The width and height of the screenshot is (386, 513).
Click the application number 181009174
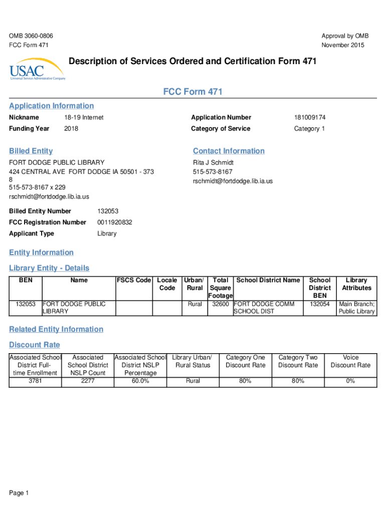point(310,117)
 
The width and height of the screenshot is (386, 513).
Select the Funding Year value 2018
point(71,129)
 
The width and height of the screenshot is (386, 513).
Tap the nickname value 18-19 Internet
point(84,117)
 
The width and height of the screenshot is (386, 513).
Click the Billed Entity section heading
point(31,151)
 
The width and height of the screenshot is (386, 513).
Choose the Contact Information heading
point(229,151)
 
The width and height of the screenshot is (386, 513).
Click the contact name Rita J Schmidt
point(213,163)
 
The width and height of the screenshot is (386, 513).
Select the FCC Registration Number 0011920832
point(115,222)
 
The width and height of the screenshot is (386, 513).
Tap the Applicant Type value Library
point(107,233)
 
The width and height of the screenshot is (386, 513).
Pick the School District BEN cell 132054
point(320,304)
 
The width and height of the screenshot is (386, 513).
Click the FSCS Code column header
point(134,280)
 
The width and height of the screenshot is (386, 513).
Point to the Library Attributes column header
point(356,284)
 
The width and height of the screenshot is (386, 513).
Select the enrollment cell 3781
point(35,381)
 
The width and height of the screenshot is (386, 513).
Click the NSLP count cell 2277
point(88,381)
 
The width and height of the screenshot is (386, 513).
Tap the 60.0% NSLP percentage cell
point(140,381)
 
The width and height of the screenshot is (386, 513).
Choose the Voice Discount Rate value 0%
point(350,381)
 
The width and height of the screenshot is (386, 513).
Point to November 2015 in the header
point(343,46)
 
